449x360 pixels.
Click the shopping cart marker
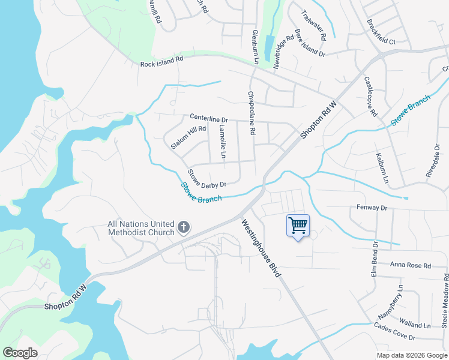click(x=298, y=226)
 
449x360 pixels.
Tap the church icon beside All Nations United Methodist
click(x=184, y=228)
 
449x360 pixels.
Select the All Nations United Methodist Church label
click(x=140, y=228)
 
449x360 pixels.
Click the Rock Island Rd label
click(x=161, y=62)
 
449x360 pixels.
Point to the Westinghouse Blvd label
click(x=262, y=247)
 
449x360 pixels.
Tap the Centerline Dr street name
click(x=209, y=118)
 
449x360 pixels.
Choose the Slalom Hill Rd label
click(x=188, y=137)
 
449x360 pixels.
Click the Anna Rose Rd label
click(x=411, y=265)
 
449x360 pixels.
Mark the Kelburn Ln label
click(x=382, y=169)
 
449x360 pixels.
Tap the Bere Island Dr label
click(x=310, y=43)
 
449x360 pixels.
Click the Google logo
click(x=20, y=353)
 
